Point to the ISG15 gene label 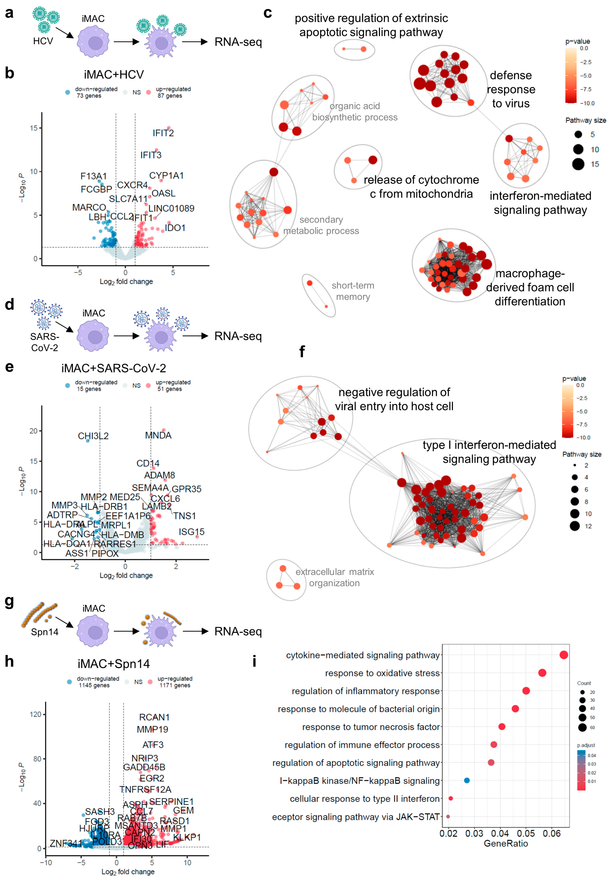[191, 532]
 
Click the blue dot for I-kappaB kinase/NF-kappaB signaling [467, 780]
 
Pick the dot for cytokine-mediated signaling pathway [563, 655]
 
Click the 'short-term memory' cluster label [352, 291]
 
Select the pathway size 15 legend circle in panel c [578, 164]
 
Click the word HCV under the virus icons [43, 41]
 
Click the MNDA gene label [158, 435]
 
